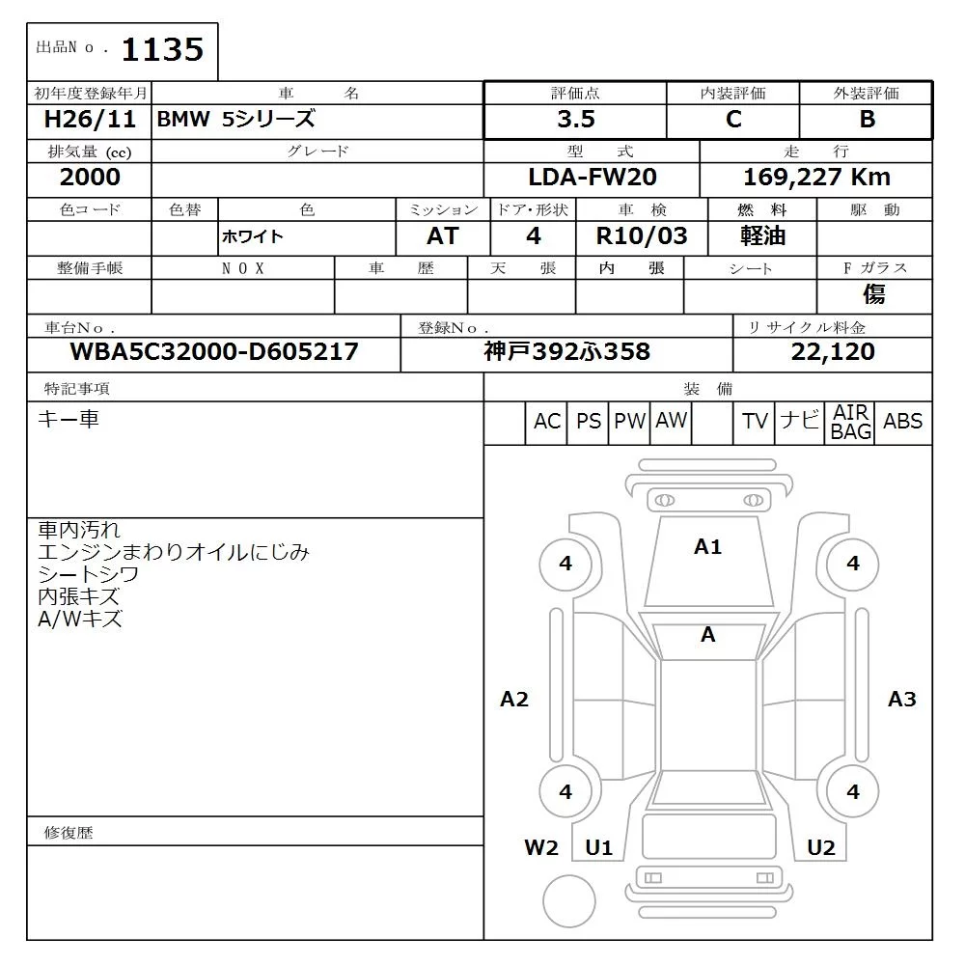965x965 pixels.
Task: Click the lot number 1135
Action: click(162, 49)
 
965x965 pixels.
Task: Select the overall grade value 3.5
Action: click(575, 120)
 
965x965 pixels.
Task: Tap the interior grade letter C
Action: click(733, 120)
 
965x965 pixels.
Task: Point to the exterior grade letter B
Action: click(867, 120)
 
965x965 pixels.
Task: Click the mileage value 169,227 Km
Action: click(816, 177)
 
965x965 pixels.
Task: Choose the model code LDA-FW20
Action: click(592, 177)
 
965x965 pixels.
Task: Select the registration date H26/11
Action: click(90, 120)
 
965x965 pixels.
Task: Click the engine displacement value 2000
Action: click(90, 177)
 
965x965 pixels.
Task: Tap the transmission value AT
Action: click(442, 236)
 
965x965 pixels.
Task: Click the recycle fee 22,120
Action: click(833, 352)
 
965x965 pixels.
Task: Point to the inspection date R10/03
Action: click(644, 236)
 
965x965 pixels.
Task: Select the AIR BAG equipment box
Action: click(851, 423)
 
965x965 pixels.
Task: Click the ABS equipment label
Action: click(902, 422)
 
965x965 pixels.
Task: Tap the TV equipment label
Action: click(755, 422)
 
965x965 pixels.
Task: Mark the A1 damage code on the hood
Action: click(707, 547)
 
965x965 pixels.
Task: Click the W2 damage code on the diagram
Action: click(541, 847)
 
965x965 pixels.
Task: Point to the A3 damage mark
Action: click(901, 699)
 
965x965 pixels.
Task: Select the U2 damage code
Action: click(820, 847)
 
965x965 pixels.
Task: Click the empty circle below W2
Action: click(569, 901)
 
